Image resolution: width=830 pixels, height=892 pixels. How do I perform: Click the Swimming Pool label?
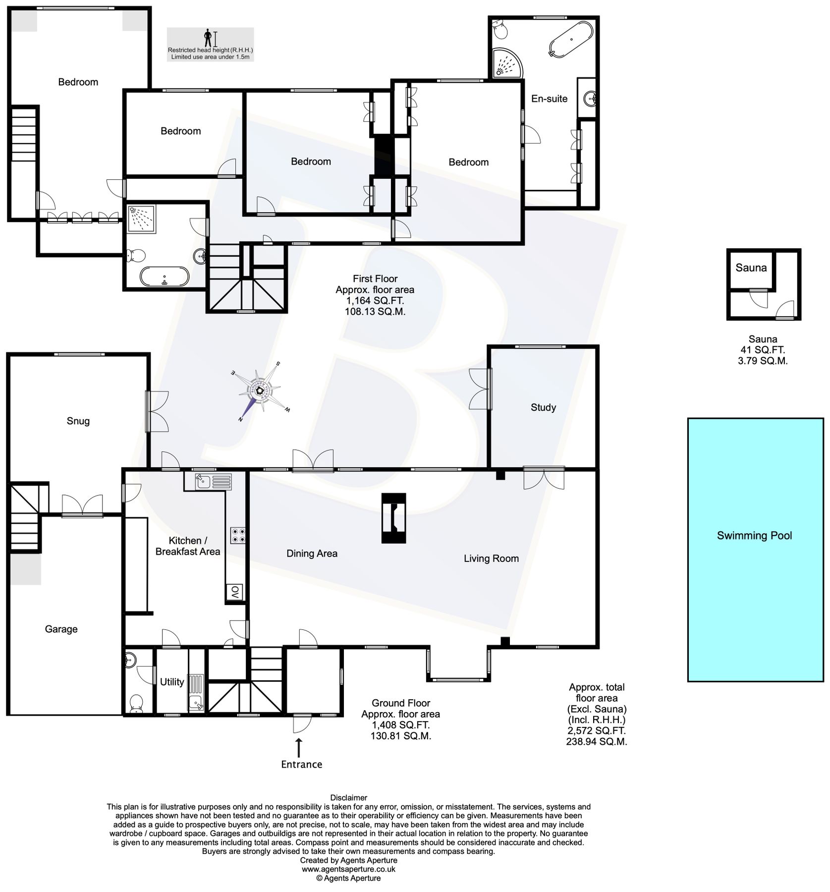pyautogui.click(x=754, y=535)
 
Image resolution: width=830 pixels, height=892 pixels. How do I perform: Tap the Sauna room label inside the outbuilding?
pyautogui.click(x=750, y=268)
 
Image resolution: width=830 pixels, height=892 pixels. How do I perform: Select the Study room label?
pyautogui.click(x=543, y=407)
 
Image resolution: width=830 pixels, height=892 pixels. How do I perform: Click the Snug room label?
pyautogui.click(x=78, y=421)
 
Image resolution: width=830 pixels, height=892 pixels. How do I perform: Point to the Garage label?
pyautogui.click(x=61, y=629)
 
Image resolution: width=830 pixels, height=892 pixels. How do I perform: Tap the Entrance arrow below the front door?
pyautogui.click(x=298, y=747)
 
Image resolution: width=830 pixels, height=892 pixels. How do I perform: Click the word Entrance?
pyautogui.click(x=301, y=764)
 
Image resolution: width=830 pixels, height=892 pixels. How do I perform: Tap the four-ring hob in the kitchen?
pyautogui.click(x=237, y=535)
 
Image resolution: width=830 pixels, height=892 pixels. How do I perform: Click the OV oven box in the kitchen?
pyautogui.click(x=235, y=592)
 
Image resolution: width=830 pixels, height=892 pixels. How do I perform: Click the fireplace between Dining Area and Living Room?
pyautogui.click(x=393, y=518)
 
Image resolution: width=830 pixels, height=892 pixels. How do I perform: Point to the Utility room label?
pyautogui.click(x=171, y=682)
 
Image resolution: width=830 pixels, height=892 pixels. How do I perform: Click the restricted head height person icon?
pyautogui.click(x=208, y=38)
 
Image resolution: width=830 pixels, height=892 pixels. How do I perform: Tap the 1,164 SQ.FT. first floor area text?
pyautogui.click(x=375, y=301)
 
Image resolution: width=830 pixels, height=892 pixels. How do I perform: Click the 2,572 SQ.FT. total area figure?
pyautogui.click(x=596, y=730)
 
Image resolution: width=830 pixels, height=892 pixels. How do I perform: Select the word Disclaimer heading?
pyautogui.click(x=348, y=797)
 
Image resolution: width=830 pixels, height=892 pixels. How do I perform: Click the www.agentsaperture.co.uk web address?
pyautogui.click(x=348, y=869)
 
